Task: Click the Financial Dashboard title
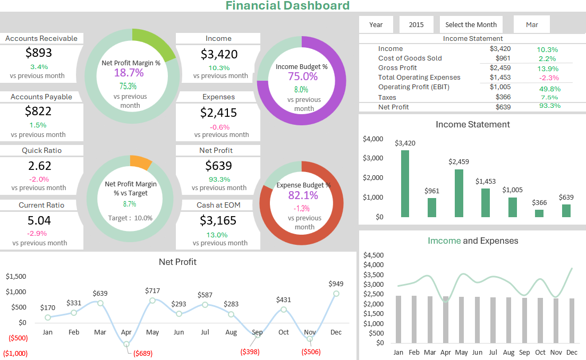click(x=287, y=6)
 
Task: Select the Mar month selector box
click(x=531, y=24)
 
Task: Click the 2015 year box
click(x=416, y=24)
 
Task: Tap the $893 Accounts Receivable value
click(x=39, y=53)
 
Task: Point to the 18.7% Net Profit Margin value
click(x=129, y=73)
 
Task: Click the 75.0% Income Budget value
click(x=302, y=76)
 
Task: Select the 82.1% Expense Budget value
click(x=302, y=195)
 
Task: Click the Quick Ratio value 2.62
click(x=39, y=165)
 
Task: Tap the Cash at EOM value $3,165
click(x=218, y=220)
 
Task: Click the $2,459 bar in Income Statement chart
click(x=458, y=193)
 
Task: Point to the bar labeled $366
click(x=539, y=213)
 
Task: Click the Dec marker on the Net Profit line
click(x=336, y=293)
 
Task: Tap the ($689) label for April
click(x=142, y=353)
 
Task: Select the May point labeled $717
click(x=152, y=301)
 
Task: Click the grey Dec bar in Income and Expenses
click(x=572, y=320)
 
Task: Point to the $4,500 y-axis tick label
click(x=373, y=255)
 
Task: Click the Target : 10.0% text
click(x=130, y=218)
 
